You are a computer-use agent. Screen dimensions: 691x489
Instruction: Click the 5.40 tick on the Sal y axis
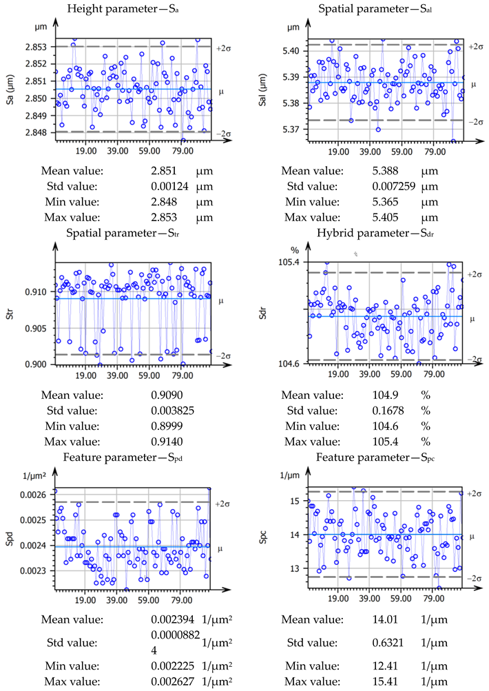(x=291, y=51)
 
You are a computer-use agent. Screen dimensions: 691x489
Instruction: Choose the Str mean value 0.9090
(x=166, y=395)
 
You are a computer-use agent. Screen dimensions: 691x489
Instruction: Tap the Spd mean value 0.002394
(x=171, y=619)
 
